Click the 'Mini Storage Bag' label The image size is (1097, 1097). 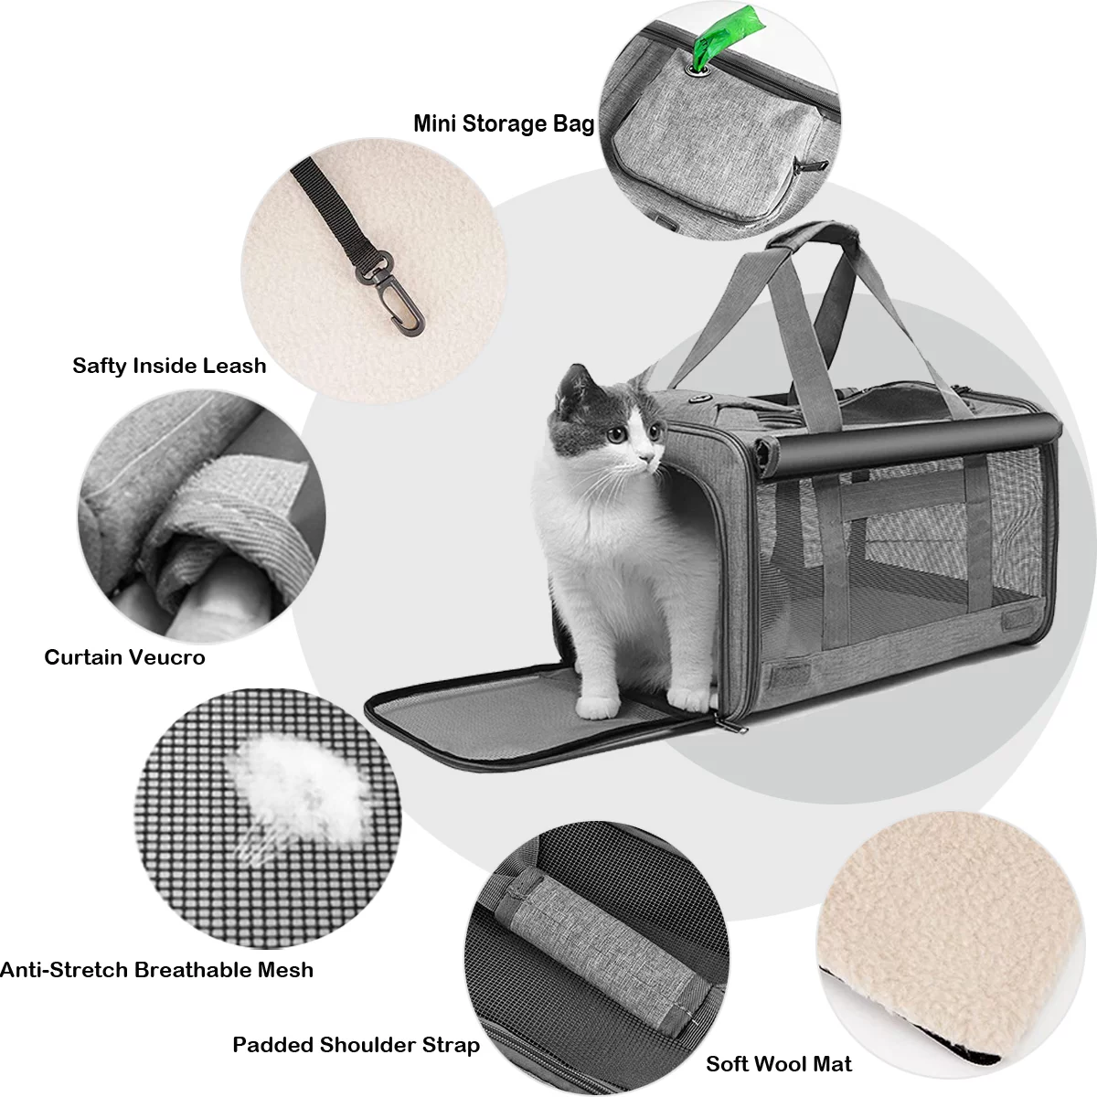coord(504,123)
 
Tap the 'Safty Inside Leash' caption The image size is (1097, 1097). coord(169,366)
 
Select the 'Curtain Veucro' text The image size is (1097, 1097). coord(124,657)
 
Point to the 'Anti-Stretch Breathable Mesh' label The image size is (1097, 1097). coord(156,970)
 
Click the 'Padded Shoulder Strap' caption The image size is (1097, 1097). coord(356,1045)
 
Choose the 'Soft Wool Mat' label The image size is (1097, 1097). coord(779,1064)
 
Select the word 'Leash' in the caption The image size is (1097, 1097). coord(235,366)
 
